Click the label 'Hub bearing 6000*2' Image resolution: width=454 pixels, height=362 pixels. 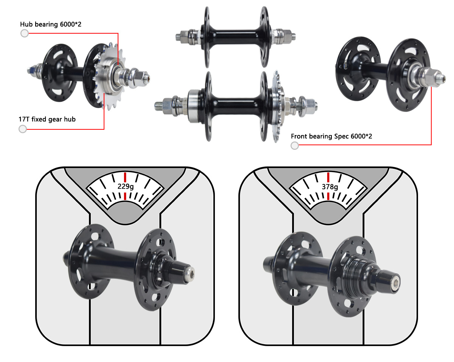[x=51, y=24]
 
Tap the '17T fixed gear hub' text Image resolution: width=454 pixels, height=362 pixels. [x=47, y=119]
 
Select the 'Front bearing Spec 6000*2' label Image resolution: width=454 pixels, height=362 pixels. [x=331, y=136]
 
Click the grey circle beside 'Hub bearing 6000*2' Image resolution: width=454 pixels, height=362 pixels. [x=25, y=33]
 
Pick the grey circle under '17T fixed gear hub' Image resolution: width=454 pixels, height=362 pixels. [x=23, y=129]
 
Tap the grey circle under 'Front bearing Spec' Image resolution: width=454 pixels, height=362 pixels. [x=295, y=146]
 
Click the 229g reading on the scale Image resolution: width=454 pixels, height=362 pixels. [x=125, y=186]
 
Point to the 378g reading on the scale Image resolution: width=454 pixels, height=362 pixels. [x=328, y=186]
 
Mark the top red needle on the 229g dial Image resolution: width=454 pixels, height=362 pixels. [x=125, y=177]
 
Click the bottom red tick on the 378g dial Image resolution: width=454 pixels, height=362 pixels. [x=328, y=196]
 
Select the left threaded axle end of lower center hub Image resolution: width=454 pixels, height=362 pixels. [x=163, y=104]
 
